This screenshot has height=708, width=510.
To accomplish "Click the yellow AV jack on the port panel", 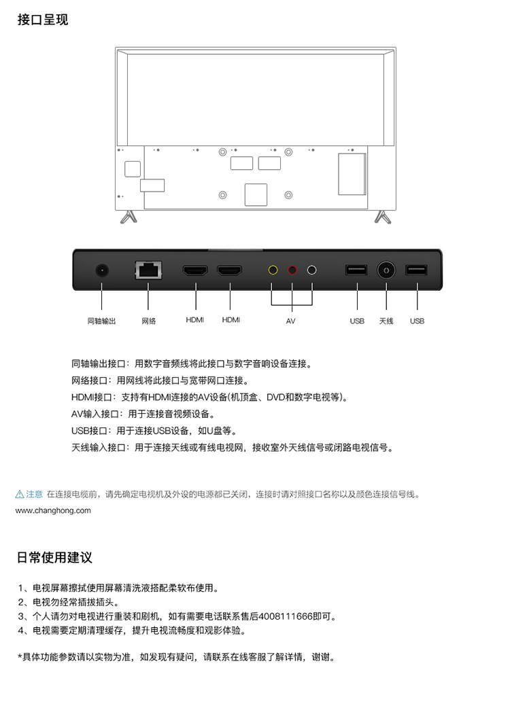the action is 273,270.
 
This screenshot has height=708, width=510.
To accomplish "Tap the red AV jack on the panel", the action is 292,270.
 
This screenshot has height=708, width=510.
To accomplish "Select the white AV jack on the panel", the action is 311,270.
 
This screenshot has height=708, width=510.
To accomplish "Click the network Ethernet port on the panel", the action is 149,270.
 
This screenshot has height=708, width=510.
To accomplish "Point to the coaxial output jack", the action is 102,270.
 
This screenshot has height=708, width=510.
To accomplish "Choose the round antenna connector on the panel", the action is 386,270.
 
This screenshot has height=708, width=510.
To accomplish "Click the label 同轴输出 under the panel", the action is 101,321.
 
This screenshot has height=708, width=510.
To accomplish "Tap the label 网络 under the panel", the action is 149,321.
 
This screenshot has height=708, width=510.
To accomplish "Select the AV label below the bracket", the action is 290,321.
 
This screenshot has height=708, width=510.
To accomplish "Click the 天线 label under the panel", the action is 386,321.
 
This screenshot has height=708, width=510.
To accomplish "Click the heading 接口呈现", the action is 43,20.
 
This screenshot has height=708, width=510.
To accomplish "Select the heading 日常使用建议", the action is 54,558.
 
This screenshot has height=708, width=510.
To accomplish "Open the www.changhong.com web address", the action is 53,511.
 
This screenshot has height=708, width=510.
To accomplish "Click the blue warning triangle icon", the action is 20,495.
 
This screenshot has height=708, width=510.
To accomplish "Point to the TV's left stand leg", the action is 129,217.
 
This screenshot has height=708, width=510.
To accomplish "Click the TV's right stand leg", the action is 383,217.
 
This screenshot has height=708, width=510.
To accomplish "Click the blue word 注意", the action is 34,495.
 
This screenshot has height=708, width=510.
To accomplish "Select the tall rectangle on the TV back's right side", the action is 352,175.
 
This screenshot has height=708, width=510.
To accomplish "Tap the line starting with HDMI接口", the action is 210,397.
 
